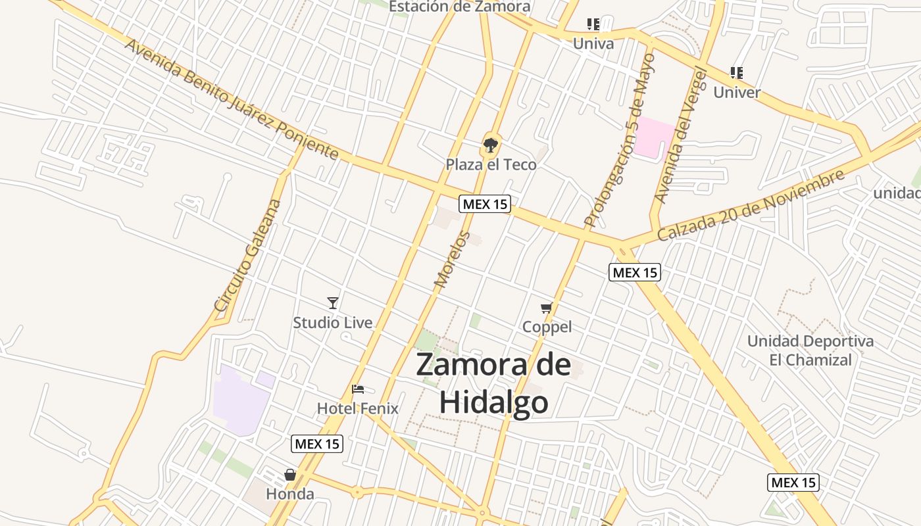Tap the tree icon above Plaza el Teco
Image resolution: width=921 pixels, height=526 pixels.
click(x=490, y=145)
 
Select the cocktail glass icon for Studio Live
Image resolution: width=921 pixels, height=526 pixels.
click(x=333, y=302)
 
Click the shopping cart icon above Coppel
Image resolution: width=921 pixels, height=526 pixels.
click(x=546, y=308)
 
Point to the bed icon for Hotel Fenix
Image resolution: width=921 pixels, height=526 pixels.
click(x=358, y=389)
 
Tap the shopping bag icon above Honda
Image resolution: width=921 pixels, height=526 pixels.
click(x=290, y=475)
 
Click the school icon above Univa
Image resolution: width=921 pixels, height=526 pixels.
click(x=593, y=25)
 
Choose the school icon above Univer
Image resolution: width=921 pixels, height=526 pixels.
click(x=737, y=73)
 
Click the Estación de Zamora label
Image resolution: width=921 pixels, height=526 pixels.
click(x=459, y=7)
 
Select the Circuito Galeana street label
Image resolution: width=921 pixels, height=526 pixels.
click(x=248, y=255)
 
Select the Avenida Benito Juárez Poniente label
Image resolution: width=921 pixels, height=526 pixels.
click(x=231, y=99)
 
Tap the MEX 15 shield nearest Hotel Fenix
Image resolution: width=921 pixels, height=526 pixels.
click(x=317, y=444)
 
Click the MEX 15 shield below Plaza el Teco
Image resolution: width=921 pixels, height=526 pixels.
click(x=485, y=204)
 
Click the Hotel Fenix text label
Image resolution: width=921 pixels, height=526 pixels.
click(x=358, y=408)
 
